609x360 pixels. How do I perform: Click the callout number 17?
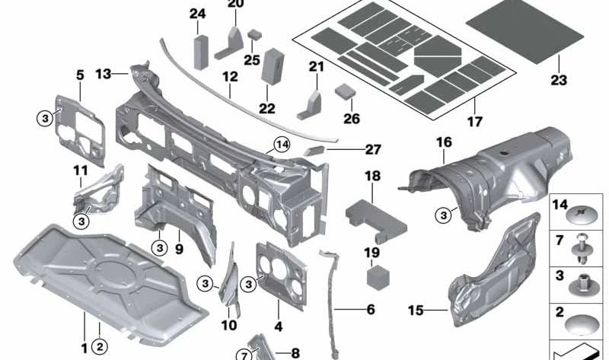point(475,121)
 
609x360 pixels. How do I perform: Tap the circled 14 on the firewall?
point(282,144)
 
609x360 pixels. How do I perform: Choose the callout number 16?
point(444,142)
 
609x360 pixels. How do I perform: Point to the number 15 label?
point(416,310)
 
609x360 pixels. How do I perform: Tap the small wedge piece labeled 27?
point(313,151)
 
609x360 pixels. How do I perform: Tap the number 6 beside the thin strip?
point(371,310)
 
